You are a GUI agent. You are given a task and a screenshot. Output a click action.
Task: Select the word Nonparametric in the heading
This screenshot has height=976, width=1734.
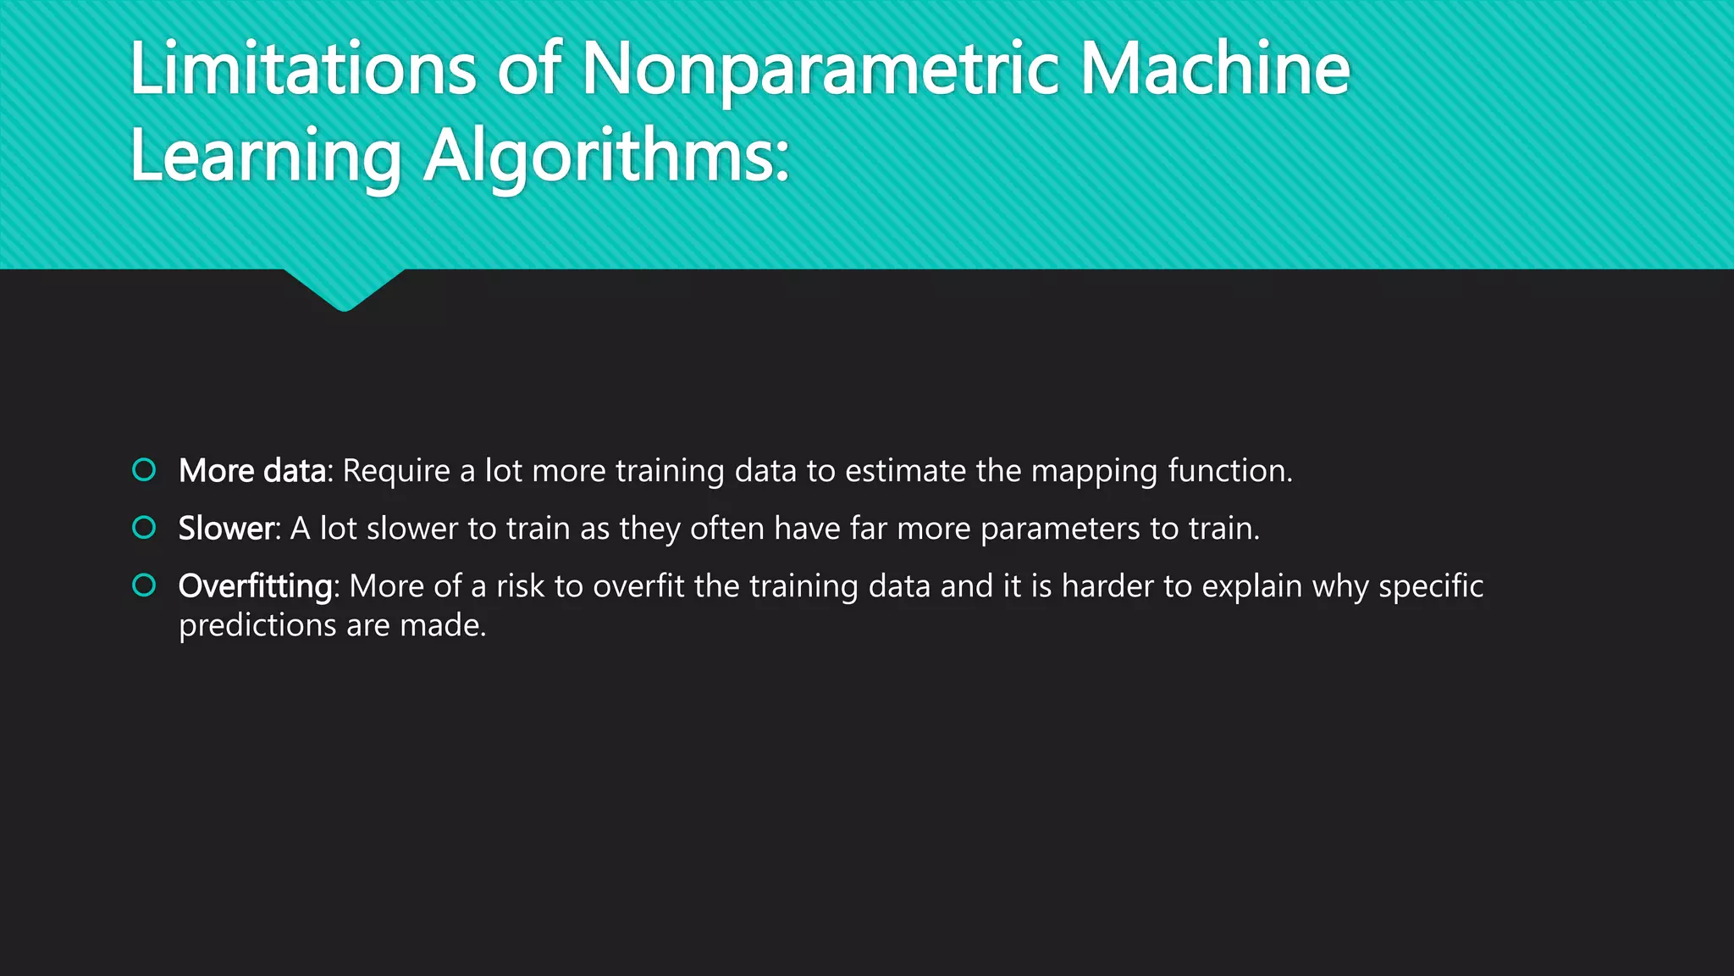pos(820,69)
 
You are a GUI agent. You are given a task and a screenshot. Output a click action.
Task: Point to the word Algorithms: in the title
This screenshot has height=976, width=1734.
pos(606,158)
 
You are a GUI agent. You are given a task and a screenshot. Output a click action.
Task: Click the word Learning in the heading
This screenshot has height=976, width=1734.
pos(266,158)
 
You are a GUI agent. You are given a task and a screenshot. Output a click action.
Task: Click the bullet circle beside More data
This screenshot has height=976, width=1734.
pos(145,469)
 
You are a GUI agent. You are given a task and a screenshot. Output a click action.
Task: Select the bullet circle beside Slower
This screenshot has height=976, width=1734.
pos(145,528)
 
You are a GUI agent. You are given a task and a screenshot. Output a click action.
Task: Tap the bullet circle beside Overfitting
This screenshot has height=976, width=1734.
pos(145,585)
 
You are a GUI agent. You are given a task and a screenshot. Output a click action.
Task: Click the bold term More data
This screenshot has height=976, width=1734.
pos(252,471)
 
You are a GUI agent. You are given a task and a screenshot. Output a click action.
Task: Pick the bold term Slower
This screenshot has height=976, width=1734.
pos(226,529)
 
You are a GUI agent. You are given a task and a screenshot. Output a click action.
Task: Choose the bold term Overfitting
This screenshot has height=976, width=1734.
pos(256,586)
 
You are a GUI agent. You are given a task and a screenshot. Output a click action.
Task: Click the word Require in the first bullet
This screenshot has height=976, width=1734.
pos(395,471)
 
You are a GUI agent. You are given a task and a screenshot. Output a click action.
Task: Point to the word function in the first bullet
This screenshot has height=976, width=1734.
pos(1227,471)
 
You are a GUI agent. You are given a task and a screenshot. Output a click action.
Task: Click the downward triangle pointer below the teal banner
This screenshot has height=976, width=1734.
pos(344,288)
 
